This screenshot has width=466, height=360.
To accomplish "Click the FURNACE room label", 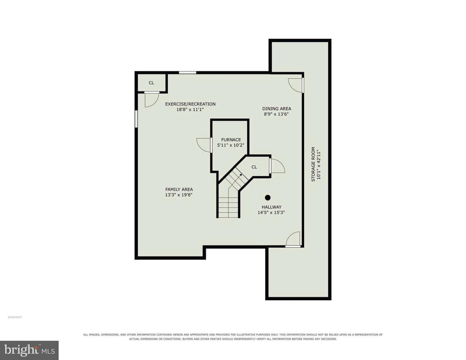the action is click(x=231, y=140).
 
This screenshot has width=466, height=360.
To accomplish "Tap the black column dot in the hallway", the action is click(x=267, y=197).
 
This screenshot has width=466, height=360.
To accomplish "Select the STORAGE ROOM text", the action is click(x=313, y=164).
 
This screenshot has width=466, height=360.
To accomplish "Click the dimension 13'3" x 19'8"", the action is click(x=179, y=195).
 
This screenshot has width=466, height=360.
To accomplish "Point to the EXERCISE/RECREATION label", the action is click(x=190, y=104).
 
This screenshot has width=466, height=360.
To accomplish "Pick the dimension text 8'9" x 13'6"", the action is click(x=276, y=114).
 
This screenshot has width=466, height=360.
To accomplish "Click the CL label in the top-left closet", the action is click(x=151, y=83).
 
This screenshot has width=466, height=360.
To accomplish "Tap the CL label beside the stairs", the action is click(x=254, y=167).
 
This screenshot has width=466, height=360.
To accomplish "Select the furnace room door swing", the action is click(x=204, y=145).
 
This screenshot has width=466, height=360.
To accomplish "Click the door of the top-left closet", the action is click(x=152, y=99).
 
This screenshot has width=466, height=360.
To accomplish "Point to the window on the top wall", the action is click(x=187, y=73).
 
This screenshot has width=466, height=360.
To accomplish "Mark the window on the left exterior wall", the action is click(x=136, y=119).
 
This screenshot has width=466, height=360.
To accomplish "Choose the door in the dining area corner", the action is click(x=296, y=85).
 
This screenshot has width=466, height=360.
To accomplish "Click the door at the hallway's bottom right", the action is click(x=293, y=240).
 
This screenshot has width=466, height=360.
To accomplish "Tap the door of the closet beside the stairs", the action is click(x=277, y=165).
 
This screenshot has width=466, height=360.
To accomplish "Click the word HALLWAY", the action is click(x=271, y=207).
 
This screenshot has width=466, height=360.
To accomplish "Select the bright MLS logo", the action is click(x=29, y=350).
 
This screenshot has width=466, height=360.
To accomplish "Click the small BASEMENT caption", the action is click(x=15, y=317).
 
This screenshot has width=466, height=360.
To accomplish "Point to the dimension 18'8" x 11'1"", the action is click(x=190, y=110).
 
